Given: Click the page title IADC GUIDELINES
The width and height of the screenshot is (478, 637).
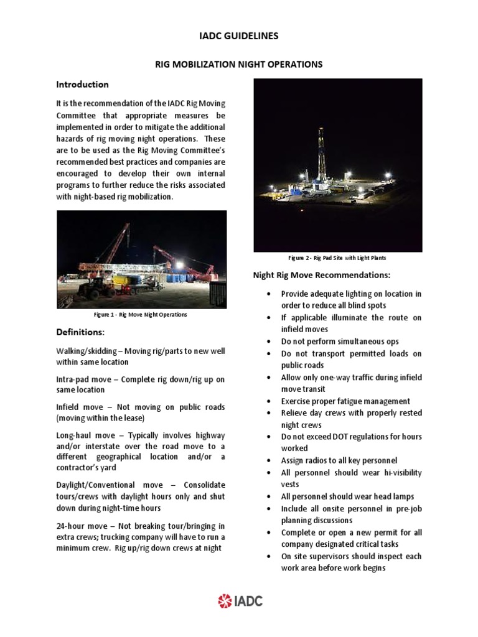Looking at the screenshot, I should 238,36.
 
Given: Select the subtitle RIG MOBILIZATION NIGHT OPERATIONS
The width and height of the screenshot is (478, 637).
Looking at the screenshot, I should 238,64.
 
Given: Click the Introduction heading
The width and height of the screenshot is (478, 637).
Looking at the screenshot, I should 82,85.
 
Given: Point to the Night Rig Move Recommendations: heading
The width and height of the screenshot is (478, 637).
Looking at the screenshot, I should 321,275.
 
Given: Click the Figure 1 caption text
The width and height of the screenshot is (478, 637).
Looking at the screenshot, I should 140,315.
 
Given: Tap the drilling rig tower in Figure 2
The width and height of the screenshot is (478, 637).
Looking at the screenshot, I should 321,156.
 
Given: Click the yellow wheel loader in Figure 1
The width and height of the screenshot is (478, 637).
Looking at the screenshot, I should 99,286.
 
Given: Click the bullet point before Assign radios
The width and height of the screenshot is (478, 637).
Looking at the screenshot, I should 268,461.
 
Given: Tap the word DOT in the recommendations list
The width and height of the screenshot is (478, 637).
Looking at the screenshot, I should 344,437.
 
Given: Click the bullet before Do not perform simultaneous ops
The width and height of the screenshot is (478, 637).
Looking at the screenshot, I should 268,342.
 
